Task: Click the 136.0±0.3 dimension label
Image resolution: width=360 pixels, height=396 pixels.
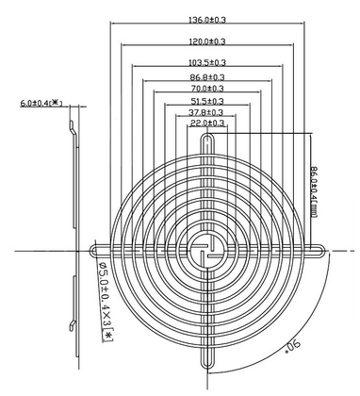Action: coord(207,20)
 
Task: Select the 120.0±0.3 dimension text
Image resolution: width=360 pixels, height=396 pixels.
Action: coord(207,41)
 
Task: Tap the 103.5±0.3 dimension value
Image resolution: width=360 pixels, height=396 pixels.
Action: coord(207,62)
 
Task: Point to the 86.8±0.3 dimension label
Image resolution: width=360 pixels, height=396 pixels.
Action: coord(207,76)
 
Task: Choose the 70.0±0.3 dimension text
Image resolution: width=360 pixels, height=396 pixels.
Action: coord(207,88)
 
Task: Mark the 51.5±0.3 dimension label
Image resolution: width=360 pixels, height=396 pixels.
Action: coord(207,101)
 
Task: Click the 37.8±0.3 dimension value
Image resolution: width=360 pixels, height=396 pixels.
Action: coord(205,112)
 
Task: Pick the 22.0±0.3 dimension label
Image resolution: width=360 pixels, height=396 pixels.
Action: coord(207,123)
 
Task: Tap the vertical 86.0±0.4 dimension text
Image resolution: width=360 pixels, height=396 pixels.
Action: coord(314,191)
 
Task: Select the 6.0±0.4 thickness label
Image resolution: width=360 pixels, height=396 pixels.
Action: coord(41,103)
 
